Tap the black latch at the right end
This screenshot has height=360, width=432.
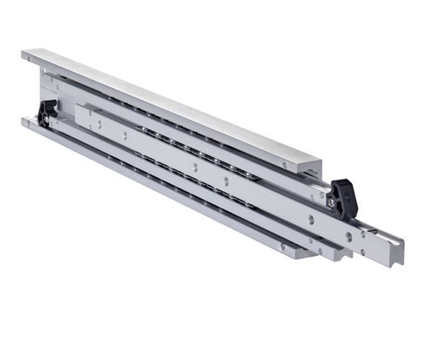[x=343, y=197]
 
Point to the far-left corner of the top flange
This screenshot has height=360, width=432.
[x=24, y=54]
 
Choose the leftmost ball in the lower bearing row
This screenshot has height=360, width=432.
[x=137, y=154]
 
